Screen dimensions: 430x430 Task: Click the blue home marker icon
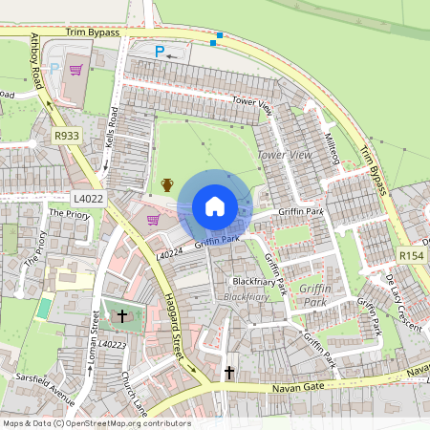pos(215,206)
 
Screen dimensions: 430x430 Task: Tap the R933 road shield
pos(67,137)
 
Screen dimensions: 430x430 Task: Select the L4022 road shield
pos(87,198)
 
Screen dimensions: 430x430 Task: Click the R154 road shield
pos(411,256)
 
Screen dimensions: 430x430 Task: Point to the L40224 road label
pos(170,254)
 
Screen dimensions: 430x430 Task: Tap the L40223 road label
pos(111,344)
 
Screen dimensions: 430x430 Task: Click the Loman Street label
pos(93,334)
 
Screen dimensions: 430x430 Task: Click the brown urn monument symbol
pos(167,185)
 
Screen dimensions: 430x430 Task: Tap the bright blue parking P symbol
pos(160,52)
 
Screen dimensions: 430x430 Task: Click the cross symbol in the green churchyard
pos(121,314)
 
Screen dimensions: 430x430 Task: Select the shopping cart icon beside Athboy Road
pos(75,70)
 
